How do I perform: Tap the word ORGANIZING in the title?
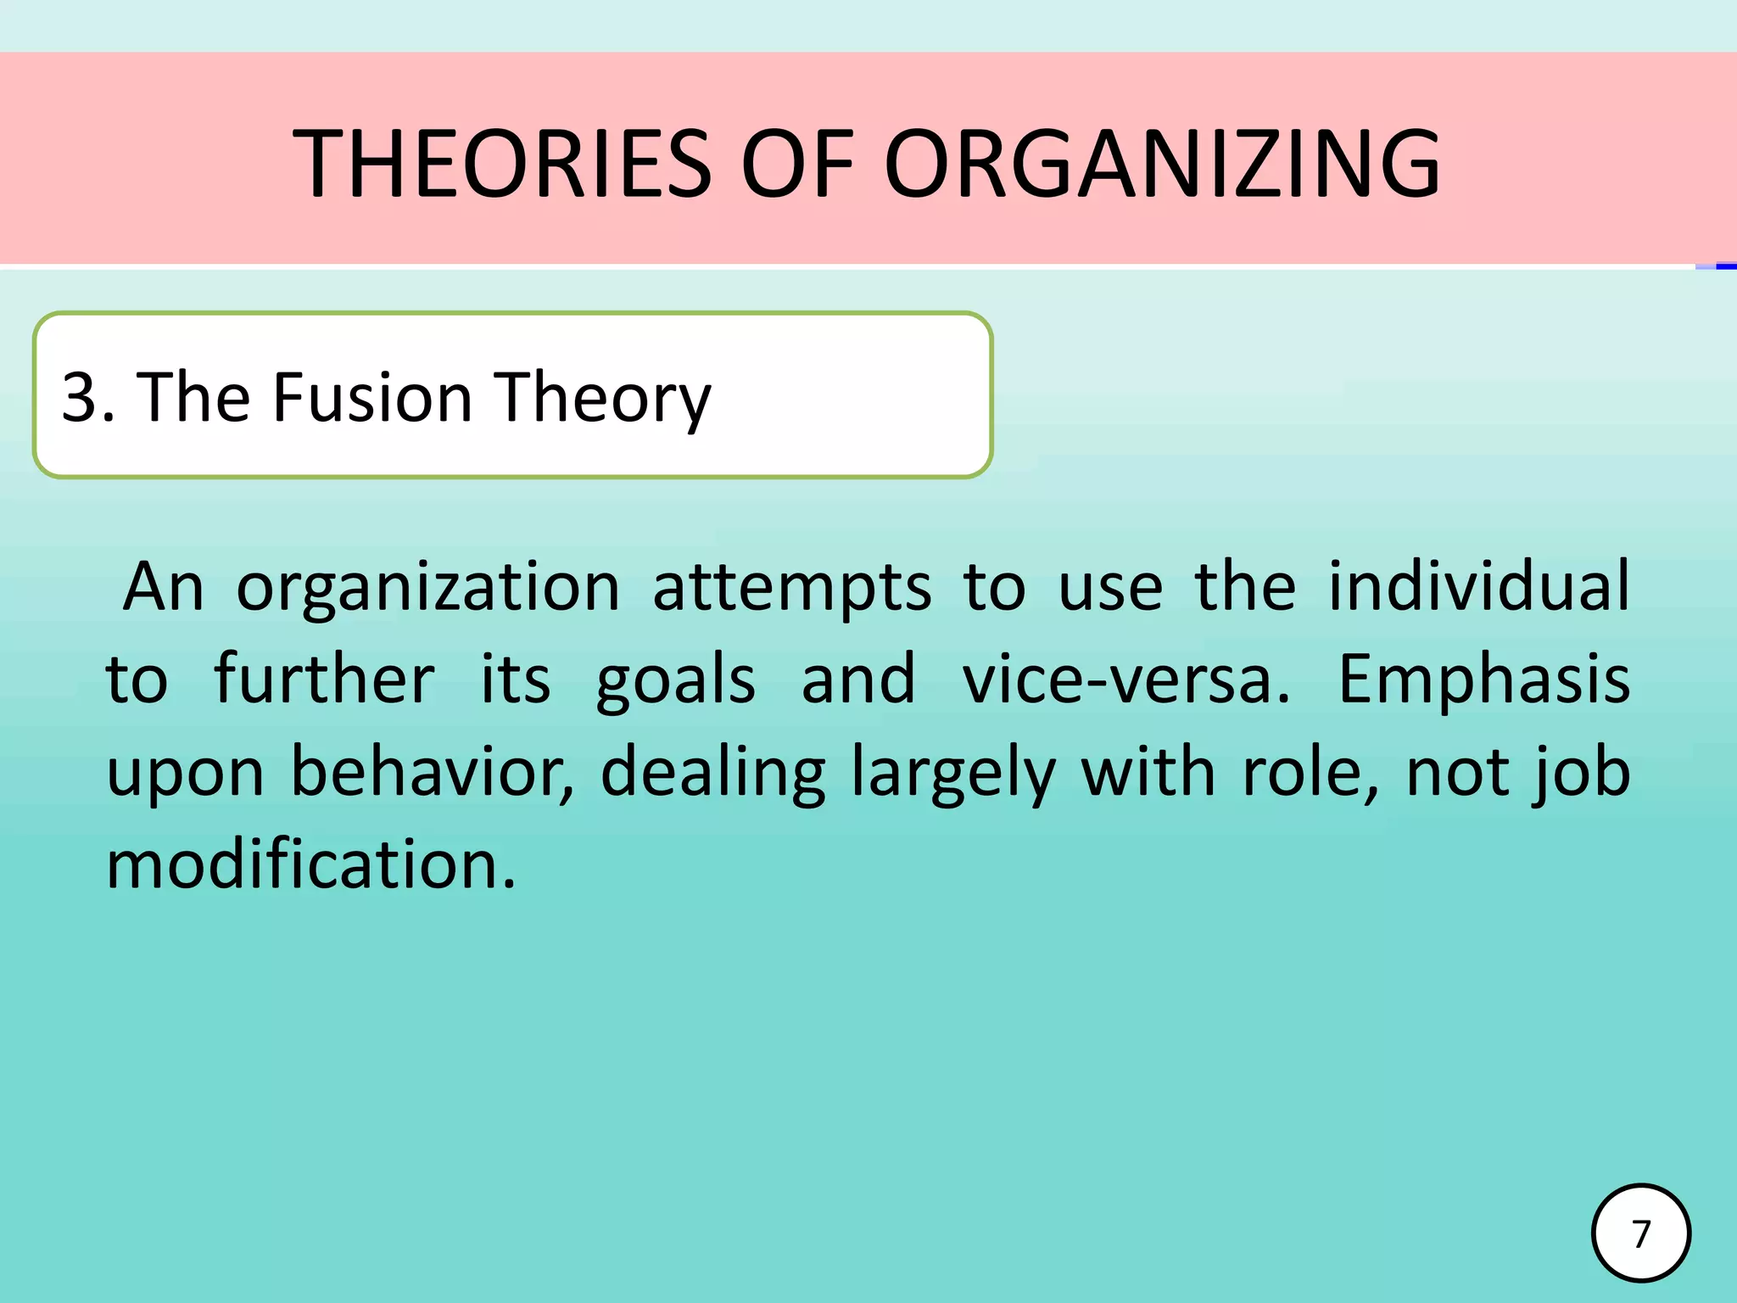pyautogui.click(x=1162, y=163)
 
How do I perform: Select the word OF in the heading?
pyautogui.click(x=796, y=163)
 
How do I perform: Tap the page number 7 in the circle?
pyautogui.click(x=1641, y=1233)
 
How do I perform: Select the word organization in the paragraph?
pyautogui.click(x=427, y=588)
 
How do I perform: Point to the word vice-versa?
pyautogui.click(x=1125, y=680)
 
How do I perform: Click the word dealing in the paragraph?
pyautogui.click(x=712, y=774)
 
